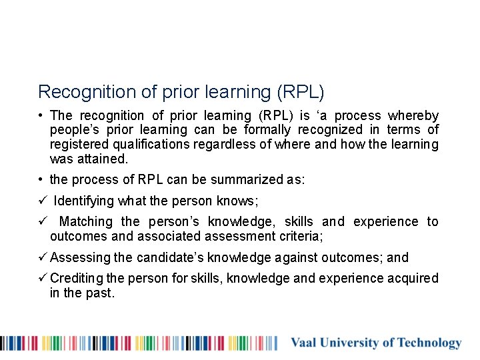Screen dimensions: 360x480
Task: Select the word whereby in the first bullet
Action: (x=413, y=116)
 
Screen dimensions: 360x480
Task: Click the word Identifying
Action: (x=85, y=201)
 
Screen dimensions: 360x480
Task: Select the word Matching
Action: (x=86, y=221)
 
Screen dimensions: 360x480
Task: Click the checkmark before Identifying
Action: (x=42, y=201)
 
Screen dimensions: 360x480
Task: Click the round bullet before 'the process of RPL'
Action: (x=41, y=180)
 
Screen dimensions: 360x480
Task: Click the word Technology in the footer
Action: (x=429, y=343)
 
